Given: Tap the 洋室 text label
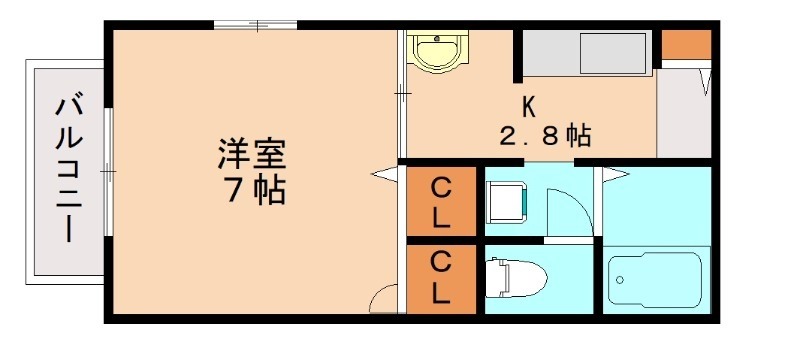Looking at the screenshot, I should [x=253, y=155].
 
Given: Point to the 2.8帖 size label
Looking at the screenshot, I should [x=544, y=134].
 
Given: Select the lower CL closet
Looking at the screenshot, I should [x=441, y=278].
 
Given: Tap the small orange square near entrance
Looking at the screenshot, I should [x=686, y=44].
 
